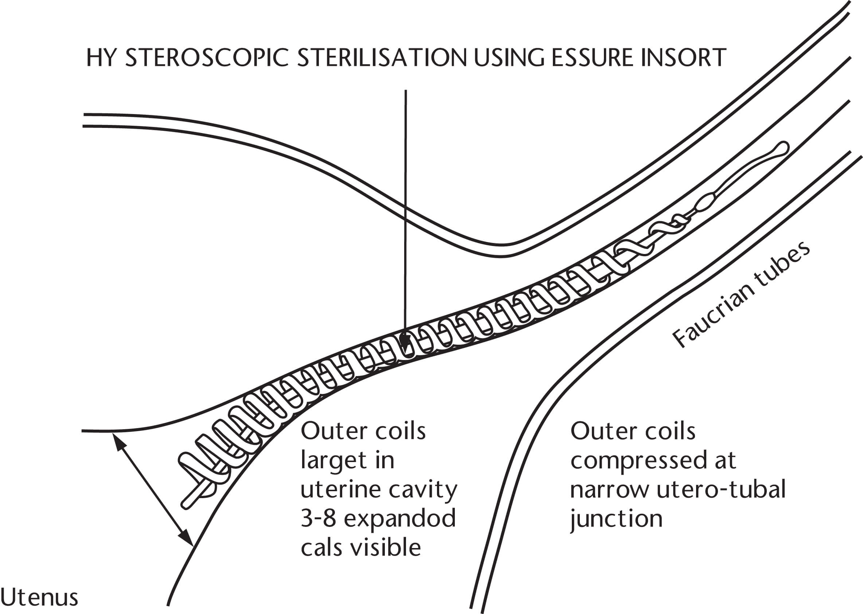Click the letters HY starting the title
point(100,58)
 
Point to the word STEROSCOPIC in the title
point(207,58)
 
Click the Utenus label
point(39,598)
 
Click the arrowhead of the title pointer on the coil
point(405,343)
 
